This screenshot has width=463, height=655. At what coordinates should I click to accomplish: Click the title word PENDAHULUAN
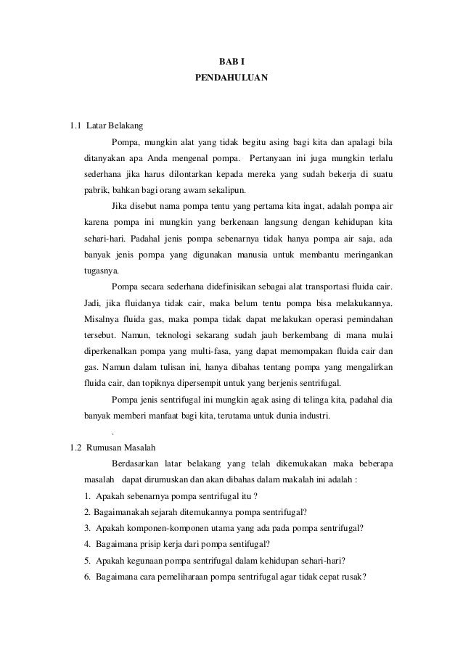[231, 75]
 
